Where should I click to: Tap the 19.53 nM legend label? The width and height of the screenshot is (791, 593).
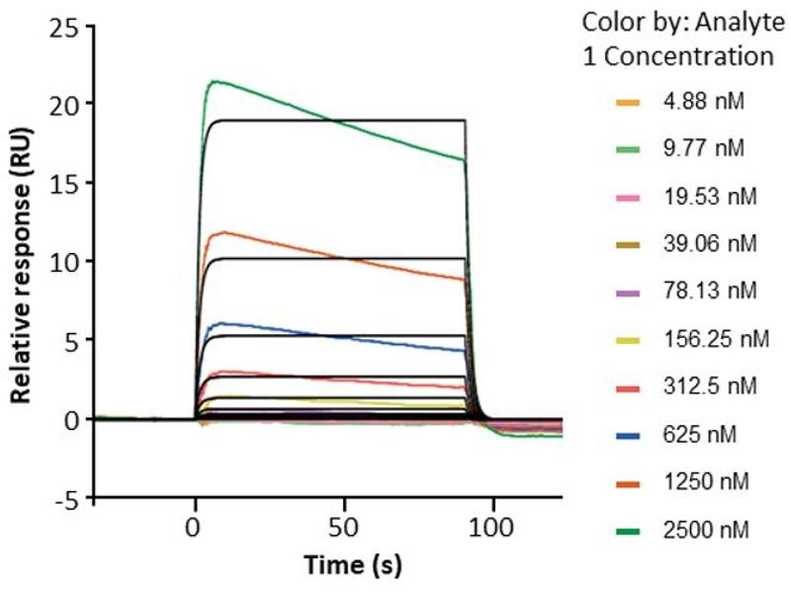709,196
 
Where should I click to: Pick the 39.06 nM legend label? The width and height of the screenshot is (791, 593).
709,243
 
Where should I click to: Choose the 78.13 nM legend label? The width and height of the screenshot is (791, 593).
709,291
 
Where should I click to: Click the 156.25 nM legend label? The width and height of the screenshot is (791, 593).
715,338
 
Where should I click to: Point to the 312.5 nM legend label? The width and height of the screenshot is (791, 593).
707,386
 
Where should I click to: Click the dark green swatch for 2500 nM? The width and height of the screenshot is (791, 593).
626,530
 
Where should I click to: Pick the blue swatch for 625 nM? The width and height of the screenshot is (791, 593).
626,435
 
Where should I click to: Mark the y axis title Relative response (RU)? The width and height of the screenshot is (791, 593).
20,262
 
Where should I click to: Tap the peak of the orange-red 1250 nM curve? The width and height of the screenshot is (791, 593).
226,232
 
